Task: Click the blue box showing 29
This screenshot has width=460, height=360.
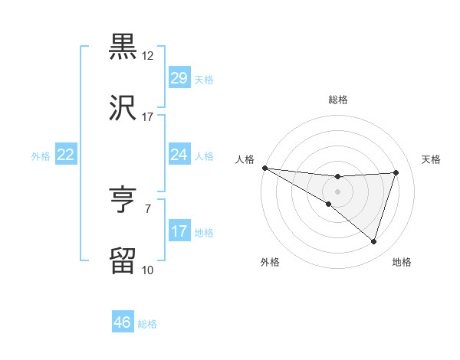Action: click(179, 78)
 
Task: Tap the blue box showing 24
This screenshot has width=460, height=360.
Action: click(179, 155)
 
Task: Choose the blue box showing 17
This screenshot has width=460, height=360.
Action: click(179, 231)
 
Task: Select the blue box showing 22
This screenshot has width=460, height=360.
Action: click(65, 155)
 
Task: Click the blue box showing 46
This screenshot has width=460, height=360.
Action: click(122, 322)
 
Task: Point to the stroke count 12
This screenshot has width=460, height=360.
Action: click(148, 56)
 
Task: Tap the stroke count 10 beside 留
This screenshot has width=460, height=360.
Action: click(147, 270)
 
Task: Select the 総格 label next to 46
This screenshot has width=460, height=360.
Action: click(147, 324)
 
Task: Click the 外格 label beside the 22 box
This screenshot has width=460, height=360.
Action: click(41, 156)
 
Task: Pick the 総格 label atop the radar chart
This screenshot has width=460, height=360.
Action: click(337, 100)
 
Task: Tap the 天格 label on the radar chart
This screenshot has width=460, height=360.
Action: click(432, 159)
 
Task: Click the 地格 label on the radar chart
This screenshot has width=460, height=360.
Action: click(402, 262)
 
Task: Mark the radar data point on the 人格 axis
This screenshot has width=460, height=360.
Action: click(264, 168)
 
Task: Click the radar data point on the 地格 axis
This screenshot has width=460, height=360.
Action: click(373, 241)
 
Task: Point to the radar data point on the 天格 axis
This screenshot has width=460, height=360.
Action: click(396, 172)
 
